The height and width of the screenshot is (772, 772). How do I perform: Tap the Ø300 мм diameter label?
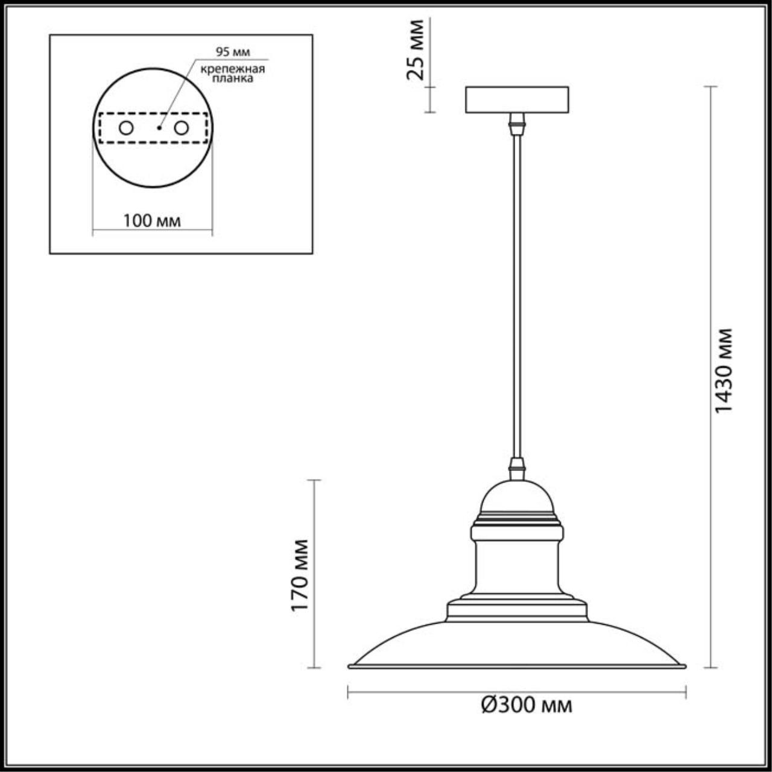tap(527, 704)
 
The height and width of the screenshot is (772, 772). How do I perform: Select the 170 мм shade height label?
tap(300, 575)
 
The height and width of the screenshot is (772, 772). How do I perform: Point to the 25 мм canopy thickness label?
tap(416, 49)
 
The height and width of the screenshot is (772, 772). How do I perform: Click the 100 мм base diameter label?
tap(152, 221)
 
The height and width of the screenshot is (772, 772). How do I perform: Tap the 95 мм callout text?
tap(233, 52)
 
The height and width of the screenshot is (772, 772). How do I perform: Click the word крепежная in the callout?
tap(232, 68)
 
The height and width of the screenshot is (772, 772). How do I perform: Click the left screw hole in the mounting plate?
tap(126, 128)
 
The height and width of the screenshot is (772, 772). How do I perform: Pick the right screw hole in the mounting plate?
tap(181, 128)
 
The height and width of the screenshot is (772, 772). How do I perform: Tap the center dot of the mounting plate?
tap(159, 128)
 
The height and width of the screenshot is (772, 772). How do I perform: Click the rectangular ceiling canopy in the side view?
tap(516, 100)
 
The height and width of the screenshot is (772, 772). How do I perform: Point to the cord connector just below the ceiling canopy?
tap(516, 124)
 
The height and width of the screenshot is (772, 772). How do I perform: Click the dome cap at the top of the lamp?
tap(517, 498)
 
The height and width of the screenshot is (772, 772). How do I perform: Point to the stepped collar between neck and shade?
tap(517, 609)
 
